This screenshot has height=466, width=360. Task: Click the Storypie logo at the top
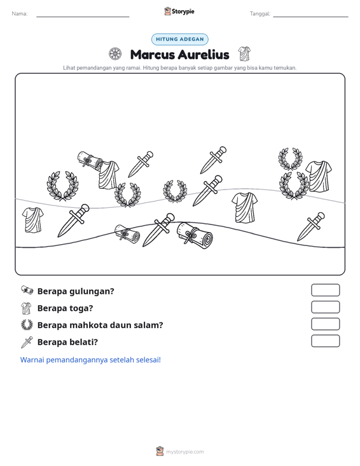click(179, 11)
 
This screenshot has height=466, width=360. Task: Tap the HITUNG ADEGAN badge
click(180, 39)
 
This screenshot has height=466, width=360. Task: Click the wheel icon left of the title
click(114, 54)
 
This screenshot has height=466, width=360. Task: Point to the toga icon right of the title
click(244, 54)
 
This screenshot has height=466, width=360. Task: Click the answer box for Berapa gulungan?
click(325, 290)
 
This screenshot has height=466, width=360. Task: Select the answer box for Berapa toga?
click(325, 307)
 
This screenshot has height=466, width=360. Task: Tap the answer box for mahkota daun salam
click(325, 324)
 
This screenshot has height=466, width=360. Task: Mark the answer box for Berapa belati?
click(325, 341)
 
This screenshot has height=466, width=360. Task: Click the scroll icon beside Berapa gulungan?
click(27, 290)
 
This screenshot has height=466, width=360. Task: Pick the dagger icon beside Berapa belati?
click(27, 342)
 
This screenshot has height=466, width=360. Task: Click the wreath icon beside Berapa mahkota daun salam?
click(27, 324)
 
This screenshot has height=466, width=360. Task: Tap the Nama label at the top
click(20, 14)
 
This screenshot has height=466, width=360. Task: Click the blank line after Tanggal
click(310, 17)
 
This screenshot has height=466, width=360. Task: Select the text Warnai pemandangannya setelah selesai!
click(90, 360)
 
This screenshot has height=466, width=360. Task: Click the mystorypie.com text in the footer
click(185, 452)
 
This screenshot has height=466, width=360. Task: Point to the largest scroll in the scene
click(195, 235)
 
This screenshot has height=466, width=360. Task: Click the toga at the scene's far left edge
click(32, 220)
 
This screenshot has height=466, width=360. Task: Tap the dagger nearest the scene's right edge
click(311, 226)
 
